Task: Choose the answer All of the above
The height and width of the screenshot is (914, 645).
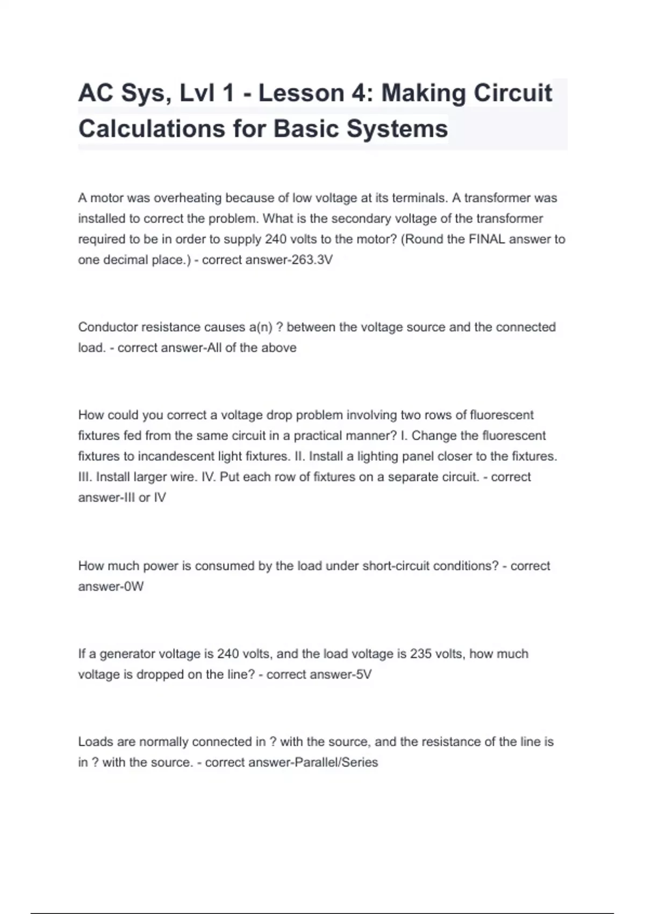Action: coord(252,348)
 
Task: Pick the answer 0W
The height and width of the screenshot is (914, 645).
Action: coord(134,587)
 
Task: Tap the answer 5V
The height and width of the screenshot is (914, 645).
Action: coord(364,675)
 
